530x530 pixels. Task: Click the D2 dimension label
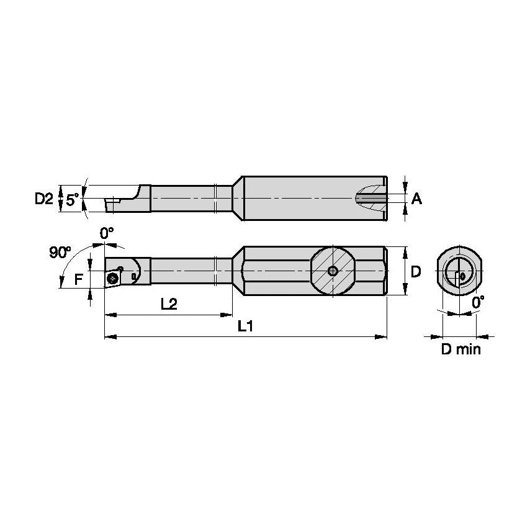(x=43, y=199)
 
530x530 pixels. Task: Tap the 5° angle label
(x=73, y=200)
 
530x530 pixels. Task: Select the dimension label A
(x=416, y=199)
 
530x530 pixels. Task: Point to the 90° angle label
(x=60, y=252)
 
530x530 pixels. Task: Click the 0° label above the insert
(x=107, y=233)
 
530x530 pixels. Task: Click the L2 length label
(x=169, y=303)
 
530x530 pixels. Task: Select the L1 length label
(x=246, y=326)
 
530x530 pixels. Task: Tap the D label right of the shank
(x=416, y=271)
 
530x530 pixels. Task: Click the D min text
(x=460, y=349)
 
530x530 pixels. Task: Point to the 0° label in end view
(x=478, y=302)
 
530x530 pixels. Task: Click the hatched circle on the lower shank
(x=333, y=271)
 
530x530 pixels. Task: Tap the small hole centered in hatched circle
(x=333, y=271)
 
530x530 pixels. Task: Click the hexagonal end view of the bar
(x=459, y=272)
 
